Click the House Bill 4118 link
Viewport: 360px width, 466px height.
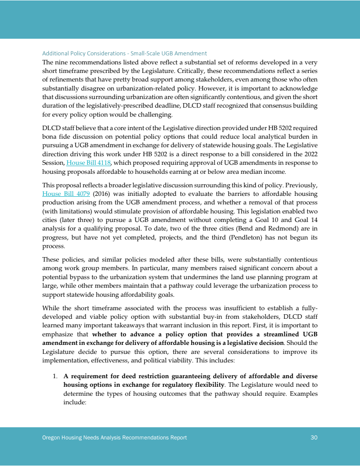pos(89,163)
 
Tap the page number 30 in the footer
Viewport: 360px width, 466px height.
pos(314,438)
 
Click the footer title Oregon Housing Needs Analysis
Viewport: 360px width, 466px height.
pos(111,438)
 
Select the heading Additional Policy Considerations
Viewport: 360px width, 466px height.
pos(124,54)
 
